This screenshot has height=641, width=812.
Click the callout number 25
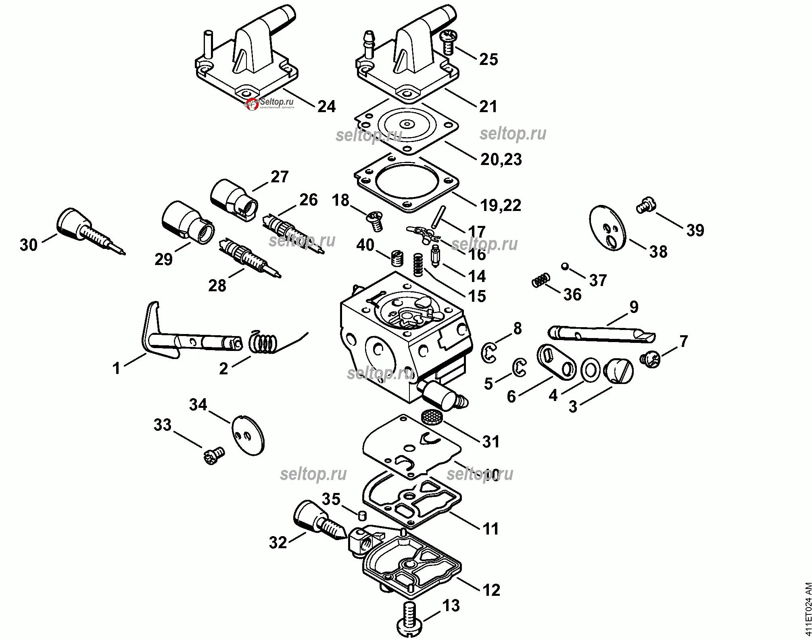pyautogui.click(x=488, y=60)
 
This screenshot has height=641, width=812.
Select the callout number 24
pyautogui.click(x=327, y=106)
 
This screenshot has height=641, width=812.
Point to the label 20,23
pyautogui.click(x=501, y=159)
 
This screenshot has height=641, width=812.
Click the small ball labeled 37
pyautogui.click(x=565, y=266)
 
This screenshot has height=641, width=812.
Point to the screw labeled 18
pyautogui.click(x=374, y=221)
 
